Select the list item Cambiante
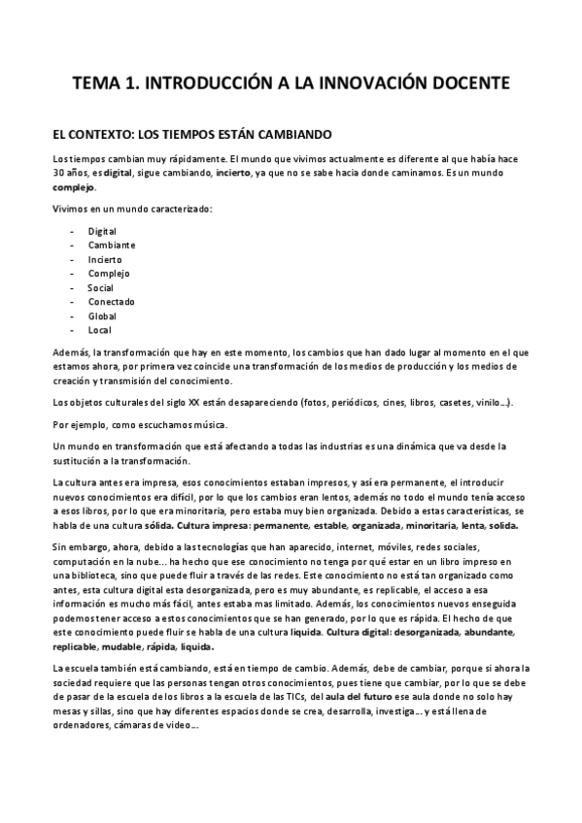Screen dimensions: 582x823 pos(112,246)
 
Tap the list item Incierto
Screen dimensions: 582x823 pos(105,260)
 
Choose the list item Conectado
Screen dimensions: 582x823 pos(111,302)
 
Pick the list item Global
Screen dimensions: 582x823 pos(102,316)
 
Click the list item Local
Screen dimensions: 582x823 pos(99,330)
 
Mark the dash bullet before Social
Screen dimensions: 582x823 pos(73,288)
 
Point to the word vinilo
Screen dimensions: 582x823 pos(484,402)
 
